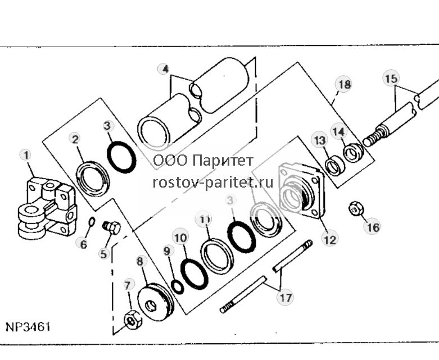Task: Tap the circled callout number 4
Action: (165, 69)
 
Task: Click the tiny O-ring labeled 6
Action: (92, 222)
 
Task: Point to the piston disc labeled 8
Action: (156, 303)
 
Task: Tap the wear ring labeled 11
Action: (218, 256)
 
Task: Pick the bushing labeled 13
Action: (335, 167)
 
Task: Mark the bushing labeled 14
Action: (354, 152)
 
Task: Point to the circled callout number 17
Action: (286, 298)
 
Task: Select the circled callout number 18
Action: (344, 84)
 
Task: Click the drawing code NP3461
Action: (28, 326)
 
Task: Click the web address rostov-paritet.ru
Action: (213, 183)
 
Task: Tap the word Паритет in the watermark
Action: (223, 161)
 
